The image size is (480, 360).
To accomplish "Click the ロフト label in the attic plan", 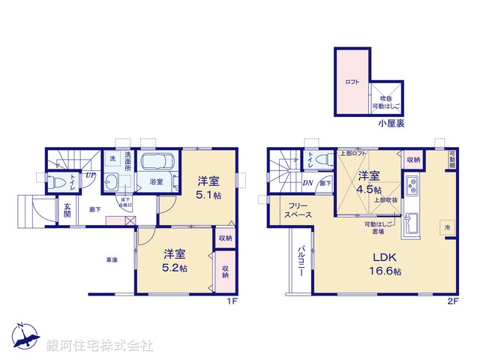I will pyautogui.click(x=352, y=82).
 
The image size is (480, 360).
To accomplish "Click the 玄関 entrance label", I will pyautogui.click(x=67, y=211).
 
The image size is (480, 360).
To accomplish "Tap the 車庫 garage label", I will pyautogui.click(x=112, y=259).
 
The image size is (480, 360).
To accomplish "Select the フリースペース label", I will pyautogui.click(x=295, y=209).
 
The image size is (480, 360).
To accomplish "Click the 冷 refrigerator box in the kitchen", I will pyautogui.click(x=448, y=228).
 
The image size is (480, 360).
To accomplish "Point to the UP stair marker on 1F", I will pyautogui.click(x=89, y=175).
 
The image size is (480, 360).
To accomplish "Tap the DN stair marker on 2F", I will pyautogui.click(x=307, y=182).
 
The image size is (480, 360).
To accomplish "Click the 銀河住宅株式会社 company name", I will pyautogui.click(x=100, y=346).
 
